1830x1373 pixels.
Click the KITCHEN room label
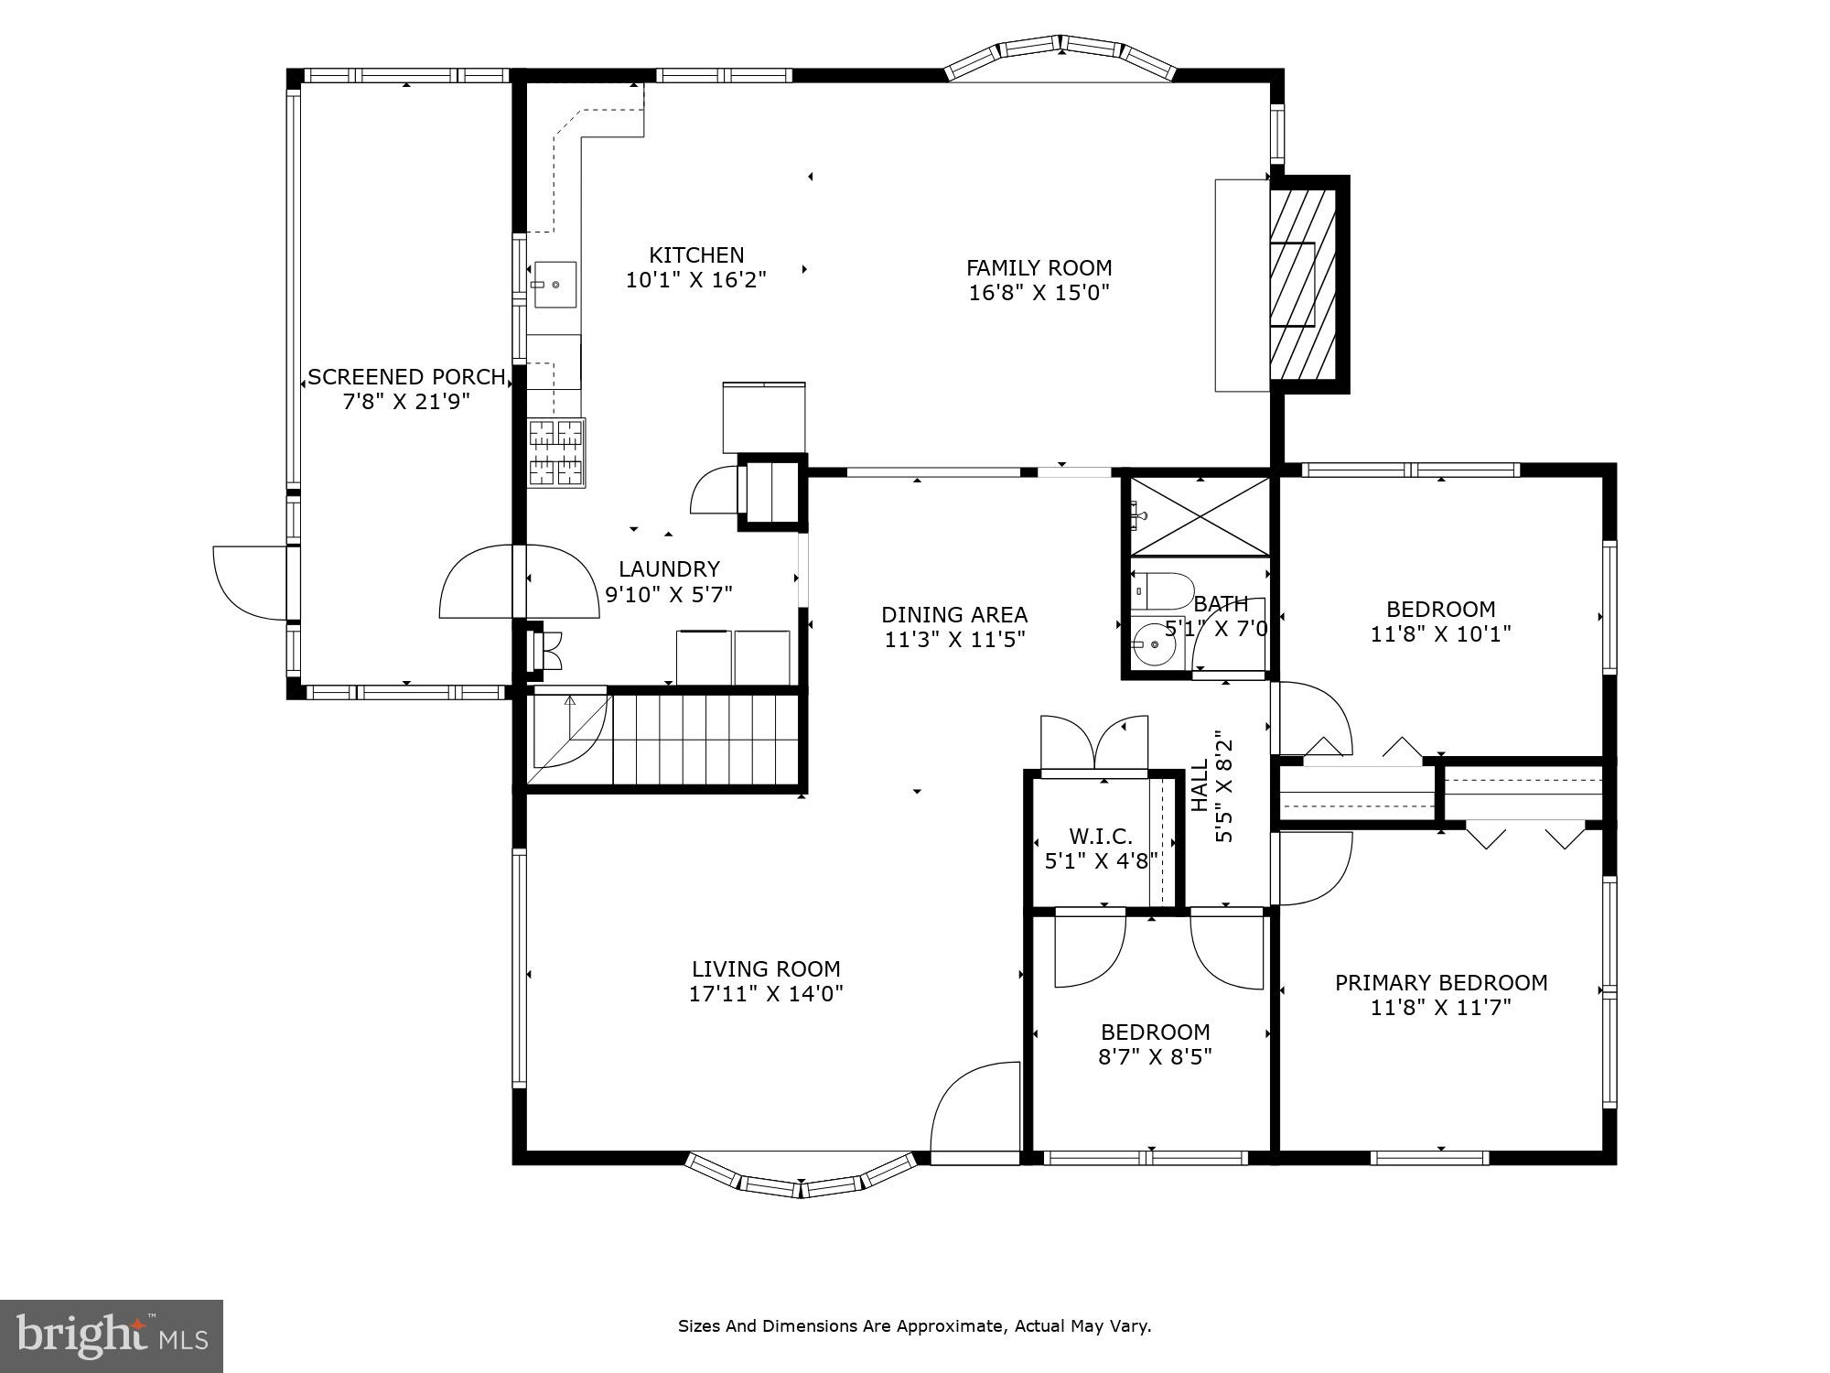(x=696, y=255)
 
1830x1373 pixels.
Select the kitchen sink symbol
(x=555, y=284)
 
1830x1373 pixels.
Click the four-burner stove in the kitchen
(x=556, y=452)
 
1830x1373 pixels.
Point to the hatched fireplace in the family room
(x=1303, y=285)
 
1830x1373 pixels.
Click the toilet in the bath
(x=1162, y=590)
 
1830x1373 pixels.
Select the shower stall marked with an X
(x=1200, y=516)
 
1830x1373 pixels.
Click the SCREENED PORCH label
(x=406, y=377)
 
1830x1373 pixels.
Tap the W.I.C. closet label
(x=1101, y=836)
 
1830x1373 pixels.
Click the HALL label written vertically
(x=1200, y=786)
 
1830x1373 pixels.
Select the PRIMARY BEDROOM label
(x=1440, y=983)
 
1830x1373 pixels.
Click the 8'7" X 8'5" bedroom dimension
(x=1155, y=1057)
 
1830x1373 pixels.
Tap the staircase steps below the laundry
(x=705, y=740)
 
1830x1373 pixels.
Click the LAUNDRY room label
(x=669, y=569)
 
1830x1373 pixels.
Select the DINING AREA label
(x=953, y=615)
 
